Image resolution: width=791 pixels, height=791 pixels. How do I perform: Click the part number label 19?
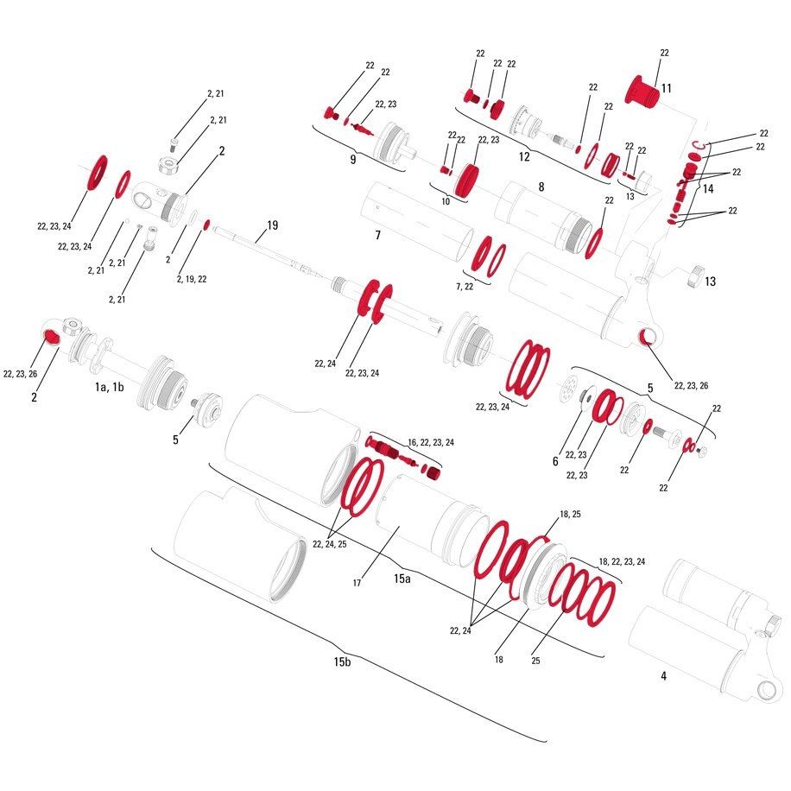(x=272, y=225)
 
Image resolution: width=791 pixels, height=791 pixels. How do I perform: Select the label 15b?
(x=342, y=661)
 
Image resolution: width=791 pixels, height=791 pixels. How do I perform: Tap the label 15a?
(x=402, y=579)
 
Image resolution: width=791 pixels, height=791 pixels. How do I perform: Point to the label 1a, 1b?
(x=110, y=387)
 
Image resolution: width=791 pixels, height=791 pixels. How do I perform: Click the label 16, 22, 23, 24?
(x=431, y=442)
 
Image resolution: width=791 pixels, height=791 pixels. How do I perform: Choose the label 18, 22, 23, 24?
(x=622, y=561)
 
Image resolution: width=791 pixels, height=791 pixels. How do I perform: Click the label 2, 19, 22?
(x=192, y=279)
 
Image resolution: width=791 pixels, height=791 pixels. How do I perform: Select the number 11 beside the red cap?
(x=667, y=88)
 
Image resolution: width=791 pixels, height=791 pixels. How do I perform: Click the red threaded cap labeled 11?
(x=642, y=91)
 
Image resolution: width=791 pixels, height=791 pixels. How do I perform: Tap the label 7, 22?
(x=465, y=287)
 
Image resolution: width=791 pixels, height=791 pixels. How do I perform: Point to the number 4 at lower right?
(x=663, y=676)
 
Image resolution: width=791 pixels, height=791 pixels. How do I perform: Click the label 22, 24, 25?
(x=329, y=544)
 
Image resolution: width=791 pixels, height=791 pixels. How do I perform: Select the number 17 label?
(x=357, y=583)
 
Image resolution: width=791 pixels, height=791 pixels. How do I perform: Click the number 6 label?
(x=555, y=461)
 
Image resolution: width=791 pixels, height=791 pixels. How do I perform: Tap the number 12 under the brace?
(x=524, y=157)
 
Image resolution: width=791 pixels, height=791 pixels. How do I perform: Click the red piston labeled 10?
(x=466, y=180)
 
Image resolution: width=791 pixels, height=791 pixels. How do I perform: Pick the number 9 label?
(x=352, y=160)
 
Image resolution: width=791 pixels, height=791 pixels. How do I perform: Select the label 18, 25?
(x=570, y=514)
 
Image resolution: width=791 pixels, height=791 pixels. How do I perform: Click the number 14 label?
(x=708, y=188)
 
